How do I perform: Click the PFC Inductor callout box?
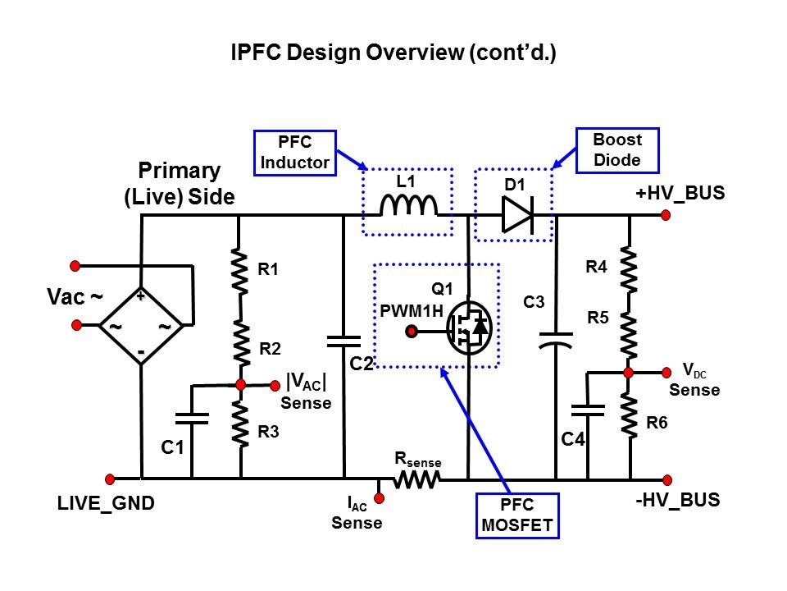[x=294, y=151]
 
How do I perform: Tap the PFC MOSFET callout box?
[x=517, y=515]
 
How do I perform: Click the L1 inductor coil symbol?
[x=407, y=206]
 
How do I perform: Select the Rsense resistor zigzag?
[x=417, y=479]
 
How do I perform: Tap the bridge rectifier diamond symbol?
[x=141, y=326]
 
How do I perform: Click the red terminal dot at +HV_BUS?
[x=666, y=215]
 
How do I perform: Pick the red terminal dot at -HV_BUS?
[x=666, y=479]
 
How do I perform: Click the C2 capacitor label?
[x=362, y=362]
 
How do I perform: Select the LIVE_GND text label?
[x=106, y=503]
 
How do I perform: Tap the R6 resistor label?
[x=657, y=424]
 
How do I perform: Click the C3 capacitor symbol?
[x=556, y=338]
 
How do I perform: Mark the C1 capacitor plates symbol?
[x=192, y=416]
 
